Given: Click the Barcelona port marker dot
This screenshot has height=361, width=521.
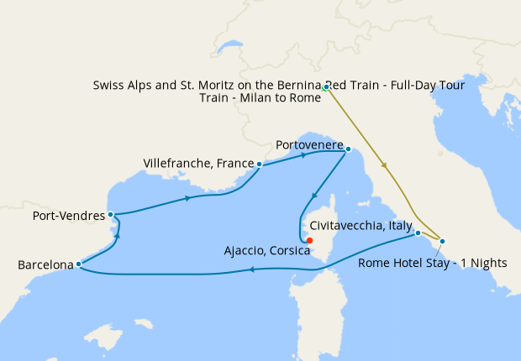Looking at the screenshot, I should click(78, 264).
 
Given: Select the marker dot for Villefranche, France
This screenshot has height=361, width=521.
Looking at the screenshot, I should click(260, 164).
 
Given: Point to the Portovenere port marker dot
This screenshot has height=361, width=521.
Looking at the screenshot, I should click(349, 149).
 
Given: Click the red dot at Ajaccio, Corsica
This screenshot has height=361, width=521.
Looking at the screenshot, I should click(310, 241).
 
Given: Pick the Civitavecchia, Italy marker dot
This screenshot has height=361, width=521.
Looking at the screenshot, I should click(418, 233).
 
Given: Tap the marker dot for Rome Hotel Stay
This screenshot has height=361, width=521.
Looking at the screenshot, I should click(443, 242).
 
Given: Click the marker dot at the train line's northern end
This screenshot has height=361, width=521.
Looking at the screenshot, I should click(325, 86).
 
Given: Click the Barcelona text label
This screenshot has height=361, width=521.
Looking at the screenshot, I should click(45, 265).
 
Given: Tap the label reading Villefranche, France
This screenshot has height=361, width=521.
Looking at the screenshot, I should click(198, 163).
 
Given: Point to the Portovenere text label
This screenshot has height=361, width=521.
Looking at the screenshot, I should click(309, 145).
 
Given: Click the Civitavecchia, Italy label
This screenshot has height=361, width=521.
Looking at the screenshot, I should click(360, 226).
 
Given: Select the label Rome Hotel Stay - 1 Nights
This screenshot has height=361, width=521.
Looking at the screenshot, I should click(432, 263).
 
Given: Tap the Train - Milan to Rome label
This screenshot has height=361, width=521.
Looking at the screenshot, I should click(260, 98).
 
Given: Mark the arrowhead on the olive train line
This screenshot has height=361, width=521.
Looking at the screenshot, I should click(385, 165).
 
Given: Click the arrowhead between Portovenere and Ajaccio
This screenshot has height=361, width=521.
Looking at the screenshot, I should click(313, 196).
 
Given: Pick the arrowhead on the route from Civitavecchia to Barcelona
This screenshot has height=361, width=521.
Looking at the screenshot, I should click(250, 269).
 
